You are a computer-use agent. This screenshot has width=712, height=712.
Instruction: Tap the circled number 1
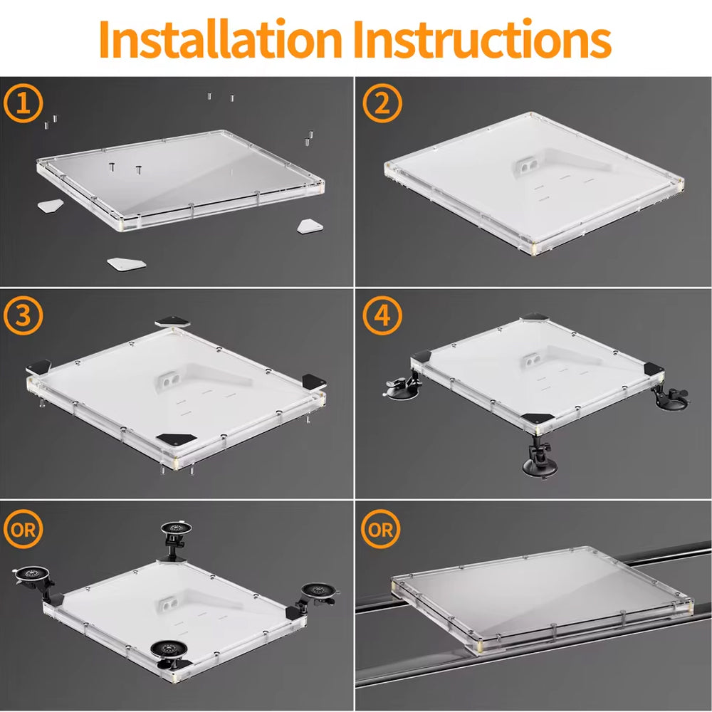(23, 103)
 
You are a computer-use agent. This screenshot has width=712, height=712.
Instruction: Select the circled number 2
(382, 103)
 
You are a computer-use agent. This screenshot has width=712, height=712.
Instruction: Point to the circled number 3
(23, 315)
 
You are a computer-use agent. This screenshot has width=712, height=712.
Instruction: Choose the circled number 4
(382, 315)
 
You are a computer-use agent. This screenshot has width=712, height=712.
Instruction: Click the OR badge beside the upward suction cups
(23, 529)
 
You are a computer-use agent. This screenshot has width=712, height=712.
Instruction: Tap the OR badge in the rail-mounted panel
(381, 529)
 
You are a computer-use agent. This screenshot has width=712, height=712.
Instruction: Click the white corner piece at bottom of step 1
(127, 264)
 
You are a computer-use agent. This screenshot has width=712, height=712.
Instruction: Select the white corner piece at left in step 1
(50, 206)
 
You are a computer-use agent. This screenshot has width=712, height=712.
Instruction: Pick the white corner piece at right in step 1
(310, 226)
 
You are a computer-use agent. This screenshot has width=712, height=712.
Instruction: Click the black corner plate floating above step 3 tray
(173, 322)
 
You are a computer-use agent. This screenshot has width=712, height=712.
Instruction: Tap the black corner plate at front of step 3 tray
(176, 439)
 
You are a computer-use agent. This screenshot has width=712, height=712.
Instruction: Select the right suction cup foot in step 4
(671, 396)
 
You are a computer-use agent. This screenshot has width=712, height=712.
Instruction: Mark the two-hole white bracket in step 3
(169, 382)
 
